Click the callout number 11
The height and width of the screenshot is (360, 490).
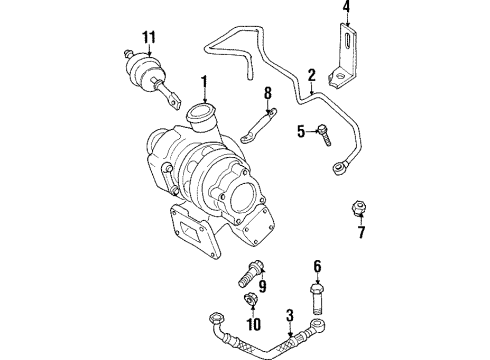point(149,37)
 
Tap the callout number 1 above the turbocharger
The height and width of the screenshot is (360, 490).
point(204,83)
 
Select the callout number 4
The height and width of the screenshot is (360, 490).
point(347,7)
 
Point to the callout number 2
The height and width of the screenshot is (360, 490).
point(311,76)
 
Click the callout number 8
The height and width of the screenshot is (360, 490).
point(268,93)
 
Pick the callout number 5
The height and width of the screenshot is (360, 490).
point(301,131)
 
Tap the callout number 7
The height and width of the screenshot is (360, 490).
point(362,232)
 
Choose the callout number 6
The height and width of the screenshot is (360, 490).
point(317,267)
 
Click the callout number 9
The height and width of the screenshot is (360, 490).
point(263,286)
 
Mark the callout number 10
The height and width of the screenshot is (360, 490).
point(253,324)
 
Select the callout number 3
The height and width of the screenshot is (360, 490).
point(290,315)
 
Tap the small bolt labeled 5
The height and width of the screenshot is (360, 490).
point(324,134)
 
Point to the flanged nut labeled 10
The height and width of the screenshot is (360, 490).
point(250,298)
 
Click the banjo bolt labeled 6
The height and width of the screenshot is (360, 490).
point(317,299)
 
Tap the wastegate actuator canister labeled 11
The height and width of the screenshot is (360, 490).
point(143,71)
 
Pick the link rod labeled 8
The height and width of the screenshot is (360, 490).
point(259,126)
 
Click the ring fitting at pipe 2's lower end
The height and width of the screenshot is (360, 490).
point(340,167)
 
